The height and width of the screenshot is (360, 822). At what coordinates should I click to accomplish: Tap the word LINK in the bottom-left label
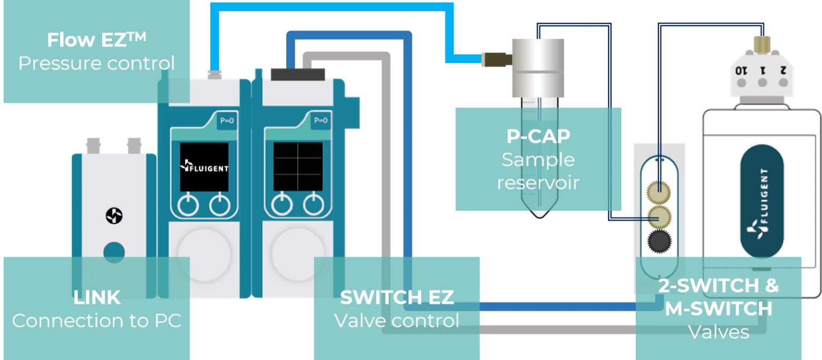tap(97, 297)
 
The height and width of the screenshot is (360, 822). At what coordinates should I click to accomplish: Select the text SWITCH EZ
tap(397, 297)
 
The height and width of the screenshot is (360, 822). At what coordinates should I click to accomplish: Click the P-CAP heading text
tap(538, 136)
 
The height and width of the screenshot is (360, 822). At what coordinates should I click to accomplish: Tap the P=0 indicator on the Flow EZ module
tap(227, 121)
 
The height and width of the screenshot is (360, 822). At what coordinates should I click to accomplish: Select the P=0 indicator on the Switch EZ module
tap(320, 121)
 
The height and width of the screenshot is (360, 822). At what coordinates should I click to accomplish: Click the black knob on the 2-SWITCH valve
tap(659, 244)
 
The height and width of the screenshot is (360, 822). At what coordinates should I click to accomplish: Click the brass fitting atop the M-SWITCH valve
tap(762, 44)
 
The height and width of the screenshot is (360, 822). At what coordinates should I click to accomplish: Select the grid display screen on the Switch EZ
tap(298, 166)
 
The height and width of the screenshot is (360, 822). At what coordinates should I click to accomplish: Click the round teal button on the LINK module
tap(113, 252)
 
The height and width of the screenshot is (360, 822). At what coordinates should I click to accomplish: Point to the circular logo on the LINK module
tap(113, 216)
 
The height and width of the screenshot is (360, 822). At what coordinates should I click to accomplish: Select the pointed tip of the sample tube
tap(538, 214)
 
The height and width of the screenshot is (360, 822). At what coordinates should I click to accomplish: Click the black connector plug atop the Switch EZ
tap(298, 74)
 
